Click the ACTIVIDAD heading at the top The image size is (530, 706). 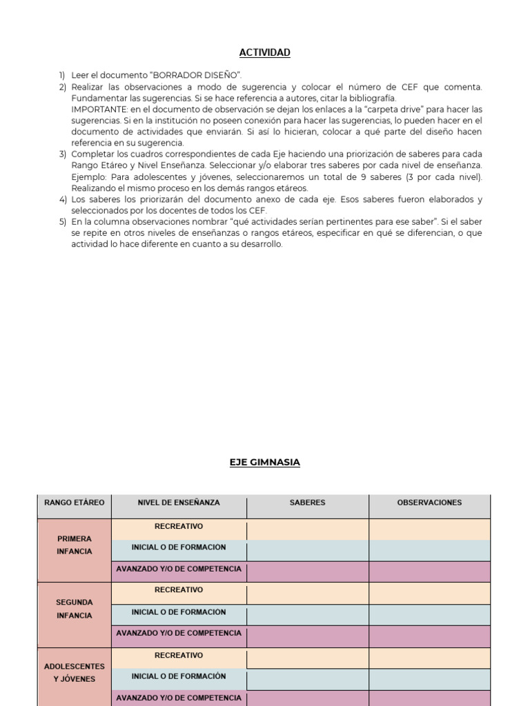click(x=264, y=53)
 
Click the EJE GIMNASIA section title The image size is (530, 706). click(x=264, y=463)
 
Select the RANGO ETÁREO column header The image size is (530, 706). click(x=75, y=503)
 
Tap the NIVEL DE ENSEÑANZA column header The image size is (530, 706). click(x=179, y=503)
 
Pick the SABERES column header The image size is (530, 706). click(x=308, y=503)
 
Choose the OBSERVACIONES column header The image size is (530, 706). click(x=429, y=503)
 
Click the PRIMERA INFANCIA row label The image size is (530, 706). click(x=75, y=545)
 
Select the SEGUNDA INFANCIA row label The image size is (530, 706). click(x=75, y=609)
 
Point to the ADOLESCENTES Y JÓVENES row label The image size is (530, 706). click(x=75, y=673)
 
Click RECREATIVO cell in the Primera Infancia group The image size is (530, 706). click(x=179, y=527)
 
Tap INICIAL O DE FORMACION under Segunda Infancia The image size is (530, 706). click(x=179, y=612)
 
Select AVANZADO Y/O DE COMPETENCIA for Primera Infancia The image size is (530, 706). click(x=179, y=569)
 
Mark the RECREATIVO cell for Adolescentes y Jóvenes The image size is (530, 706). click(x=179, y=656)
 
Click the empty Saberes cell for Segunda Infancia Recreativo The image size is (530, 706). click(x=308, y=592)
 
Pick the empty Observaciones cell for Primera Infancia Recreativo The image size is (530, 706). click(x=429, y=529)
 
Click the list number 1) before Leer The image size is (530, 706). click(x=62, y=75)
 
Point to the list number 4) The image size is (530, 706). click(x=62, y=200)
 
